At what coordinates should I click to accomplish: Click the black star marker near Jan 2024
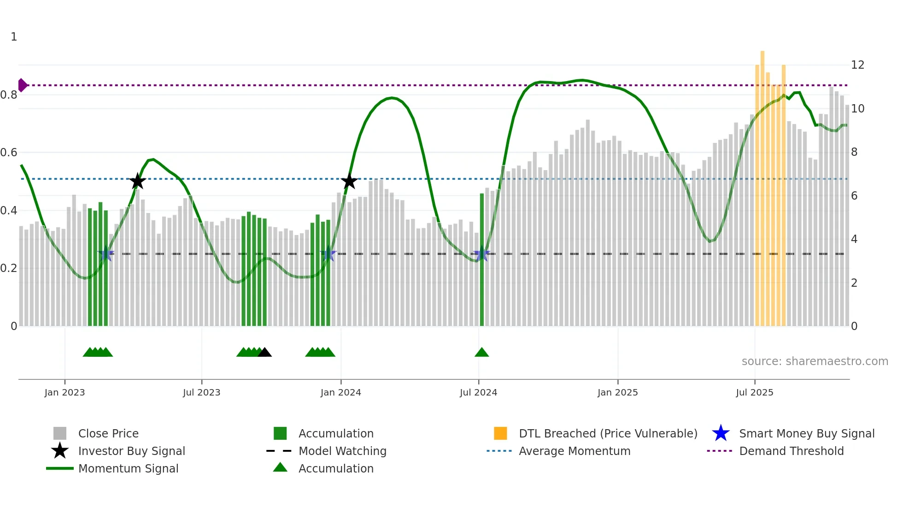349,181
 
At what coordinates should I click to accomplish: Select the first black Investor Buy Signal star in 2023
137,181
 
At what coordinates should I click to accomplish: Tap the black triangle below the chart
264,353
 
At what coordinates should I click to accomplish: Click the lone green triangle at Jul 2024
481,353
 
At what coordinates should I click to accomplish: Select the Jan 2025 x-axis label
617,393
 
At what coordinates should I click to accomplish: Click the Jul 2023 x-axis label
201,393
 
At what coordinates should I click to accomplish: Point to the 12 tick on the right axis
857,65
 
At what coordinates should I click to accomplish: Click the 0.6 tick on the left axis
9,153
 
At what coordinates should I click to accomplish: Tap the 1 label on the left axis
14,37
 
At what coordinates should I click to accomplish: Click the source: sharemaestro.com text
815,361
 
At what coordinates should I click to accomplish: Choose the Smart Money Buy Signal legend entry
806,434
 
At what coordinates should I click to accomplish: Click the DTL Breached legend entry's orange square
500,433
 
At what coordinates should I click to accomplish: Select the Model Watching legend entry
342,451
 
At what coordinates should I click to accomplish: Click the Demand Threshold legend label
791,451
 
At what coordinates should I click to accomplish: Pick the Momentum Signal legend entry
128,469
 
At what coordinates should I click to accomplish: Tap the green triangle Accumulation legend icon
280,467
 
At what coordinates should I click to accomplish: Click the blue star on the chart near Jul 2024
482,254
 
